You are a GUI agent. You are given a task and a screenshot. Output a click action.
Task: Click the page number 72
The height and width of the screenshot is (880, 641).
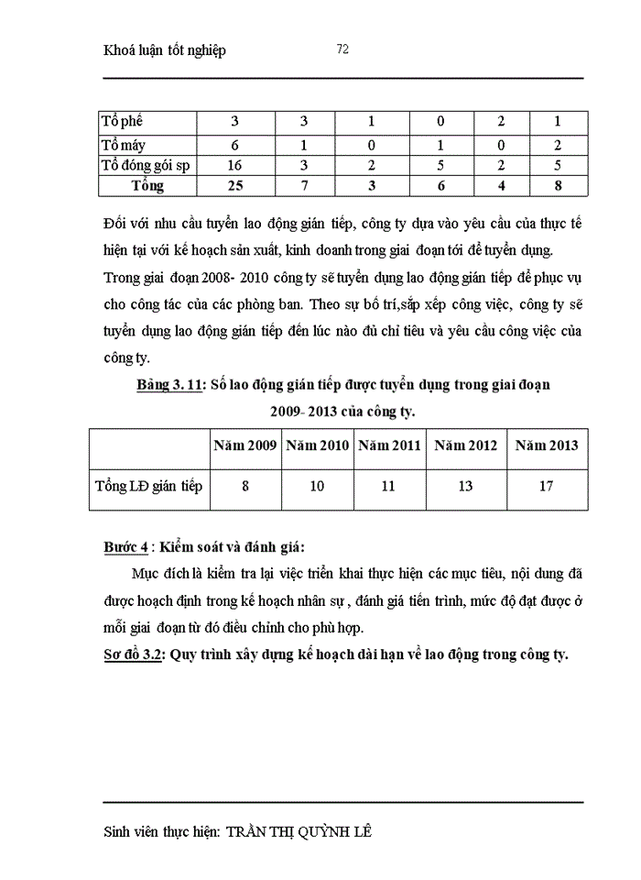[x=342, y=49]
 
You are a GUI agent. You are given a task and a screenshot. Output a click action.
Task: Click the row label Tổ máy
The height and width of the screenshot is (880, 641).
[x=124, y=144]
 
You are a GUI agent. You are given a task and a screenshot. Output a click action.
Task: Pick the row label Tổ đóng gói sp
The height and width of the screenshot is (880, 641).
[x=144, y=165]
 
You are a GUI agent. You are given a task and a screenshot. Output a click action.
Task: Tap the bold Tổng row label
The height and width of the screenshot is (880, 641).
[x=147, y=186]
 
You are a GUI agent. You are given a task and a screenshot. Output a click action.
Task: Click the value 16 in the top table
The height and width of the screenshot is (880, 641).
[x=235, y=165]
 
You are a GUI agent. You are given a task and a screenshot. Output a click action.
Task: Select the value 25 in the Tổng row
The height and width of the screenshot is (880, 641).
[x=235, y=186]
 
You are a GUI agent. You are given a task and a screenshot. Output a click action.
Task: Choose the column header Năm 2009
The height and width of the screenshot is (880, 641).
[x=245, y=445]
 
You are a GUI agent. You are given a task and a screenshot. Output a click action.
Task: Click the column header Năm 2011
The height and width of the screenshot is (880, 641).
[x=389, y=445]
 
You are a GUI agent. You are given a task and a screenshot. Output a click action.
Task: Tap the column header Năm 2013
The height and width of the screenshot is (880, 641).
[x=547, y=445]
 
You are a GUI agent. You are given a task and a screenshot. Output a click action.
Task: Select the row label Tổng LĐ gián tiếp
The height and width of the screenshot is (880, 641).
[x=148, y=486]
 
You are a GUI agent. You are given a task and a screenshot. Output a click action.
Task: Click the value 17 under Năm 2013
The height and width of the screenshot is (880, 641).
[x=547, y=486]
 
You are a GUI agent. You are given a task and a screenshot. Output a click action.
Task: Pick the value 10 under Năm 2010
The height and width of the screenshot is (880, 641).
[x=317, y=486]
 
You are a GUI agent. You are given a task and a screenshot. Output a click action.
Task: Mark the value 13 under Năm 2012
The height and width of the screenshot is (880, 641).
[x=466, y=486]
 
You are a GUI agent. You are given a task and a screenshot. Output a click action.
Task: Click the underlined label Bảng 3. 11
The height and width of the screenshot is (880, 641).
[x=169, y=385]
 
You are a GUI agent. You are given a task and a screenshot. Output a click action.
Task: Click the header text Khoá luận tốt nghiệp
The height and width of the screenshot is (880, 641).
[x=166, y=50]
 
